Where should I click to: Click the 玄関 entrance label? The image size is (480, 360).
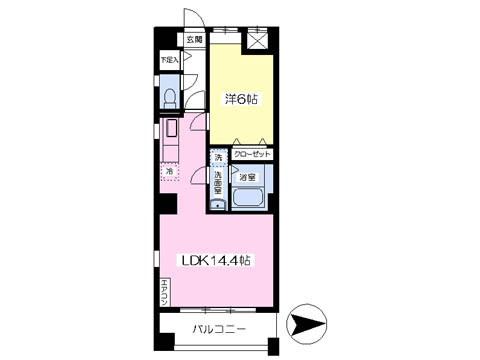[x=194, y=41]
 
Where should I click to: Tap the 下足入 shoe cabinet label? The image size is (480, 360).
[x=170, y=60]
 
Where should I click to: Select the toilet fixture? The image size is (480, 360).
[x=170, y=96]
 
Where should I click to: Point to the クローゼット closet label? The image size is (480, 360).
[x=251, y=155]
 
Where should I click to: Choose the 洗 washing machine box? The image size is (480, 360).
[x=216, y=156]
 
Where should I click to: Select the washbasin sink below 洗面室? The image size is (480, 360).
[x=216, y=203]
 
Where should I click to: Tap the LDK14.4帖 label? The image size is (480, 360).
[x=214, y=260]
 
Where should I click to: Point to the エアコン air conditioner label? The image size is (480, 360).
[x=164, y=292]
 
